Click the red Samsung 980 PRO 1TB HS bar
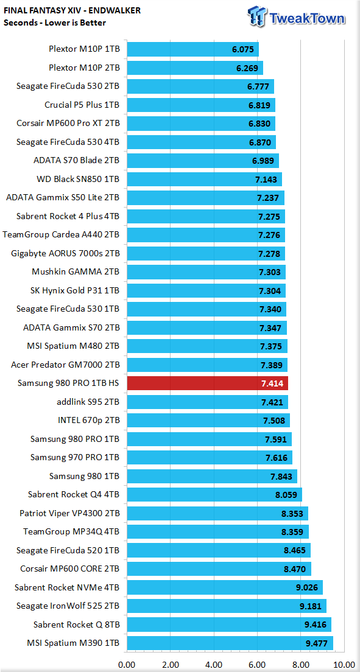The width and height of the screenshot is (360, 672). tap(207, 383)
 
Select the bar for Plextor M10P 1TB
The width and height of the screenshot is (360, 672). tap(192, 49)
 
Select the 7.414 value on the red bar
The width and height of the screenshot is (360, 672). tap(272, 383)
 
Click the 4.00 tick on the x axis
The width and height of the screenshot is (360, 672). tap(214, 665)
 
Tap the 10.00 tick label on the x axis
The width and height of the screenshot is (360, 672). tap(344, 665)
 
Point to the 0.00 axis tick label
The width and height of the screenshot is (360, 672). tap(127, 665)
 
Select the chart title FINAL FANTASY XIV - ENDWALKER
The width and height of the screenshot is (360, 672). tap(72, 11)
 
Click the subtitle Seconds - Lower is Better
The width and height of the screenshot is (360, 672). tap(54, 23)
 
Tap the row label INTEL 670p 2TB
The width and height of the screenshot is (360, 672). tap(88, 420)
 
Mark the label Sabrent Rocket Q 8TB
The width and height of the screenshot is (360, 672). tap(76, 625)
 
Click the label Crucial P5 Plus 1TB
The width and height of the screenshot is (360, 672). tap(82, 105)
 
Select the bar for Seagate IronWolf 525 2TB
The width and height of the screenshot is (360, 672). tap(227, 606)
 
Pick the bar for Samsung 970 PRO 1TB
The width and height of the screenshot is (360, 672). tap(210, 457)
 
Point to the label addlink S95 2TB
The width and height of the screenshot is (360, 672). tap(88, 402)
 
